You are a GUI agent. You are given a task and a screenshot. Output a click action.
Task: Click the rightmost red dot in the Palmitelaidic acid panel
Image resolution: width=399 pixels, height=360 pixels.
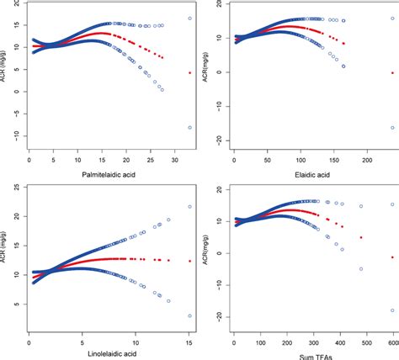(190, 73)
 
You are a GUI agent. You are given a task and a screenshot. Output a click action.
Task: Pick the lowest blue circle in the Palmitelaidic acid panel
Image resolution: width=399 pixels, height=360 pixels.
(190, 127)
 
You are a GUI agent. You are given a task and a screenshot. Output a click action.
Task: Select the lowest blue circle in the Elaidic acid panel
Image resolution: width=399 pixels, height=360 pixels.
(391, 128)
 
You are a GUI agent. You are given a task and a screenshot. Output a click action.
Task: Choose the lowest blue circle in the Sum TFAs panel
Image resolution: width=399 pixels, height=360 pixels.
(391, 310)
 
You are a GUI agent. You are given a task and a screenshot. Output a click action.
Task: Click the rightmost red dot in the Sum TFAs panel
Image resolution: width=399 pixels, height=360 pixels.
(391, 257)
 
